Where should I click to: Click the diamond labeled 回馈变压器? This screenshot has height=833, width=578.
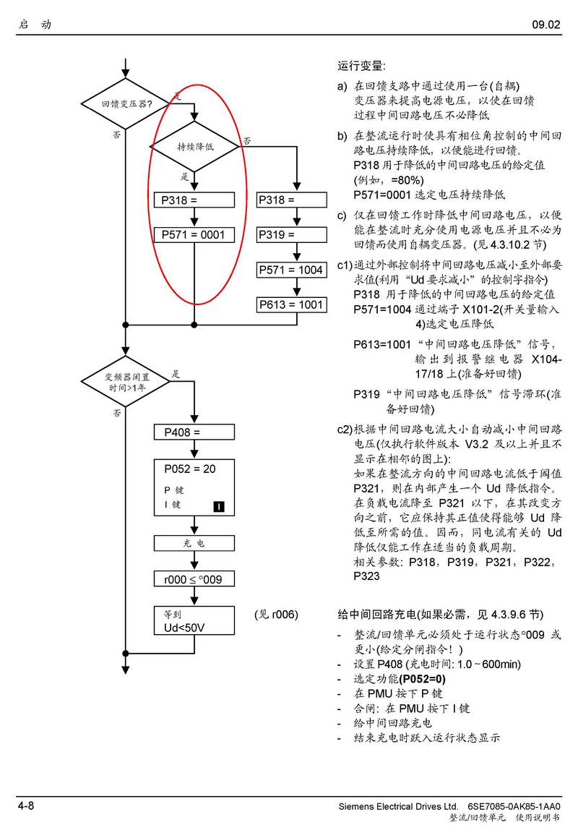coord(126,104)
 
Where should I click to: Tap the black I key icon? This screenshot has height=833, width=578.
coord(220,505)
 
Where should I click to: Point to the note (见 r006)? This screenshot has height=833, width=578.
coord(276,615)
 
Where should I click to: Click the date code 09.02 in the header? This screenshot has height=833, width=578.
coord(546,25)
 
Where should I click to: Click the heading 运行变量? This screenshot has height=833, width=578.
coord(362,66)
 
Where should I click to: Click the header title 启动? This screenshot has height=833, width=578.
coord(35,25)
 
